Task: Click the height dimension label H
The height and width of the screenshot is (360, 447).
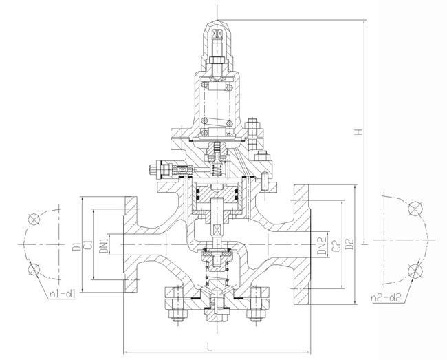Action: pyautogui.click(x=359, y=131)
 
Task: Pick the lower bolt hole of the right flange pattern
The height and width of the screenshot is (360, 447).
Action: pyautogui.click(x=413, y=270)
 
